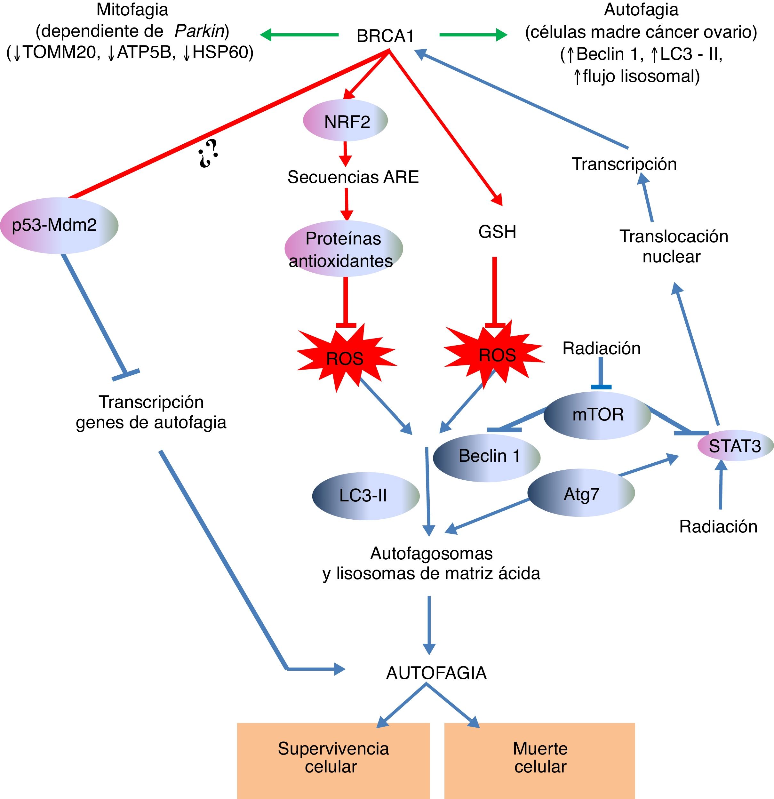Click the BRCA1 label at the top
coord(385,36)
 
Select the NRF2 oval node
coord(346,121)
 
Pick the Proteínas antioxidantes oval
coord(343,249)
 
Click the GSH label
coord(497,232)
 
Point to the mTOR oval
coord(597,415)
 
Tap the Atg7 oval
coord(581,494)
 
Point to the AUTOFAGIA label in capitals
coord(436,673)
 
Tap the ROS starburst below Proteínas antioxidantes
coord(345,358)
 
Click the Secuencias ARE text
coord(353,177)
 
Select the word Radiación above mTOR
coord(601,348)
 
